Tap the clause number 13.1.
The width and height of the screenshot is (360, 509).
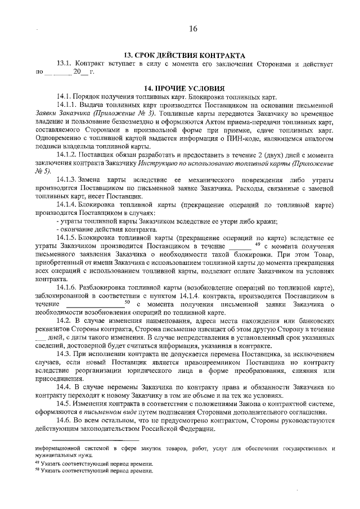65,64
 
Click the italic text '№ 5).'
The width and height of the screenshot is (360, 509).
43,171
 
